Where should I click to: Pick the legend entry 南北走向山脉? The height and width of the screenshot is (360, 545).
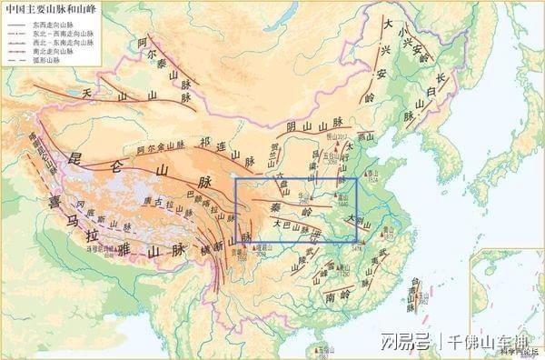[51, 52]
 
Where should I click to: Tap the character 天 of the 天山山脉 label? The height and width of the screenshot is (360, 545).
[88, 93]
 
